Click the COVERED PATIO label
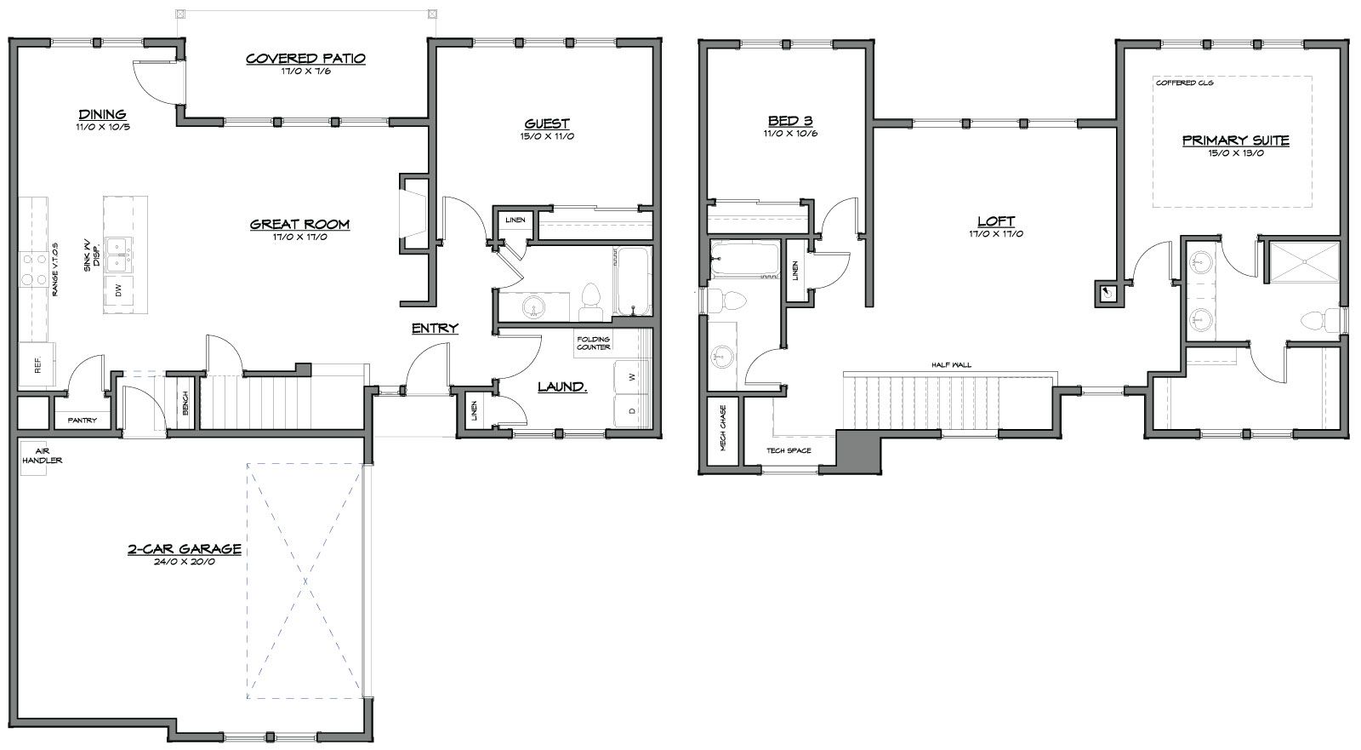pyautogui.click(x=305, y=59)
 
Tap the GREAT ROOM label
pyautogui.click(x=300, y=224)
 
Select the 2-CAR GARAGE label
pyautogui.click(x=184, y=548)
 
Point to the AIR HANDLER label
pyautogui.click(x=42, y=456)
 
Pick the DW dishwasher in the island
pyautogui.click(x=119, y=291)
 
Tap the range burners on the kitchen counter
pyautogui.click(x=33, y=269)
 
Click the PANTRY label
pyautogui.click(x=82, y=421)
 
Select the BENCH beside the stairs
pyautogui.click(x=185, y=403)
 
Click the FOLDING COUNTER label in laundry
pyautogui.click(x=594, y=343)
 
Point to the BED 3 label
pyautogui.click(x=790, y=120)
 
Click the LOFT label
pyautogui.click(x=996, y=221)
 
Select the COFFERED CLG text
pyautogui.click(x=1184, y=83)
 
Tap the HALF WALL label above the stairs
pyautogui.click(x=952, y=365)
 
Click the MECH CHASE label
pyautogui.click(x=723, y=428)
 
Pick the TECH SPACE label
pyautogui.click(x=789, y=450)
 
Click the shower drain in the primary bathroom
pyautogui.click(x=1305, y=262)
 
